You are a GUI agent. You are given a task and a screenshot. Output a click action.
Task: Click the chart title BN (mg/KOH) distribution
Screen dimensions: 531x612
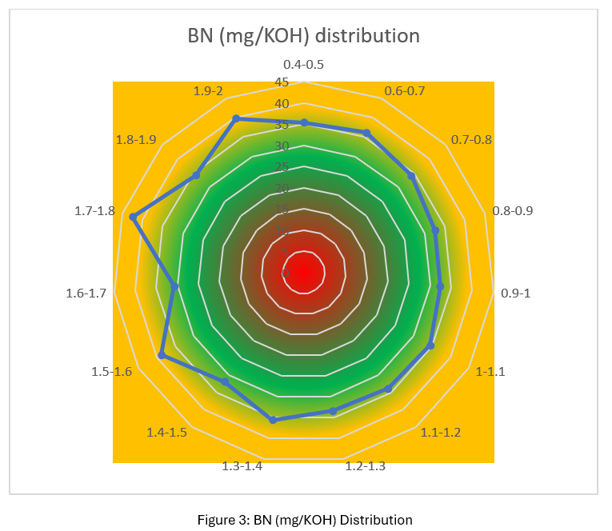303,36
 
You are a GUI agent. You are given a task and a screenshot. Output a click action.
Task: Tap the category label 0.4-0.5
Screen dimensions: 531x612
303,65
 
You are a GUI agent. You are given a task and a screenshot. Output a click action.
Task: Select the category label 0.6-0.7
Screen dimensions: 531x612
405,90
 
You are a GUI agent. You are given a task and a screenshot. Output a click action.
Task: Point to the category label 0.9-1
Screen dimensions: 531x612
515,293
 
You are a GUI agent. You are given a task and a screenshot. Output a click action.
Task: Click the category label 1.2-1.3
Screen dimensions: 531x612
366,465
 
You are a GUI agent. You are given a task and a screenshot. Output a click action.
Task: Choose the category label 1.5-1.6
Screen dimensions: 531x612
112,372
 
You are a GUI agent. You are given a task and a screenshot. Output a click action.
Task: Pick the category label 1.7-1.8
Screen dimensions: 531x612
94,211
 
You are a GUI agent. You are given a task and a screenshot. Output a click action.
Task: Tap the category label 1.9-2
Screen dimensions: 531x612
208,90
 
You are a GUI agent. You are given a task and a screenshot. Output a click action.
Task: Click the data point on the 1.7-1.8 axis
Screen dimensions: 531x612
134,217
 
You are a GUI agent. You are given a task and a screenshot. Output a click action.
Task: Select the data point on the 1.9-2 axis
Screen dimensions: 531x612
236,118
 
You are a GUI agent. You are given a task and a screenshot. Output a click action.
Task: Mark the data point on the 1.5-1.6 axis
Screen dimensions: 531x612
162,356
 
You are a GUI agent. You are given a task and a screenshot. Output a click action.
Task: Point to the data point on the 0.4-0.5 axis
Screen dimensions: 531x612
304,122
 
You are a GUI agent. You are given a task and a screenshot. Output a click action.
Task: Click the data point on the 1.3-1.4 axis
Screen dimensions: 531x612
273,419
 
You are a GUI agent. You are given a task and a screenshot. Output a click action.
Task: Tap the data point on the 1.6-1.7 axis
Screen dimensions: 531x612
174,285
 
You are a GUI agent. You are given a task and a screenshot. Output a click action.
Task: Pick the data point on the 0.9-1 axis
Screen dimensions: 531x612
440,285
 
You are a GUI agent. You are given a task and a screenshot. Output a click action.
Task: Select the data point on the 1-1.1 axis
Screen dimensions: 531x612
430,345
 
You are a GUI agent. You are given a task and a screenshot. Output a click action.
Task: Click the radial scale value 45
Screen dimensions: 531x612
282,82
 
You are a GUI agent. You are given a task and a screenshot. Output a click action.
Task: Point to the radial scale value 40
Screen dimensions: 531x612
282,104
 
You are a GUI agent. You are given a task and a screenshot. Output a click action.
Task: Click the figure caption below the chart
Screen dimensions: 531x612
305,520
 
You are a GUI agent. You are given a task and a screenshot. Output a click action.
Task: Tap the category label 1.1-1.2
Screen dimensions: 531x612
441,433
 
